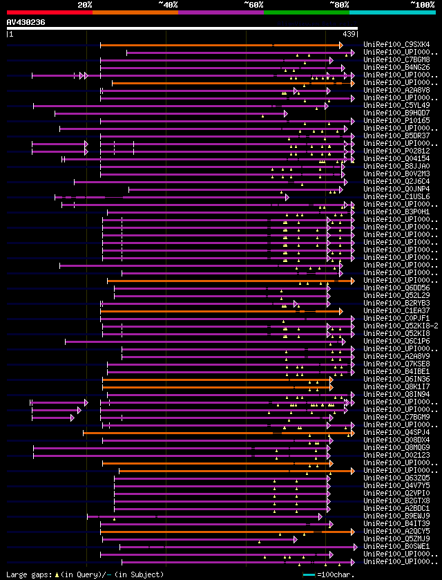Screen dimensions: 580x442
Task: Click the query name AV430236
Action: [26, 22]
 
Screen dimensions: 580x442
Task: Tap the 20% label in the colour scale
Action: [85, 4]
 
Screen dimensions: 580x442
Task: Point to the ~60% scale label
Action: [253, 4]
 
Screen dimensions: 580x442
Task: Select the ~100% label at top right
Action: [422, 4]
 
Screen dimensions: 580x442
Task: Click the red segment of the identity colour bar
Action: [49, 12]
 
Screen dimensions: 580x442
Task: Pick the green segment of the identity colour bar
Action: [306, 12]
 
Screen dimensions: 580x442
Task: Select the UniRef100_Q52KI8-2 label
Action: [400, 326]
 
